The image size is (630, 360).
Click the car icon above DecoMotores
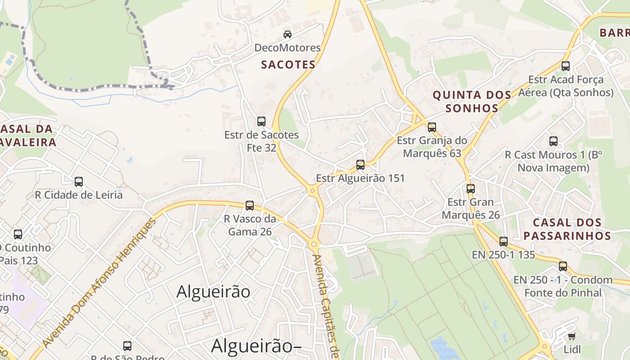pos(287,34)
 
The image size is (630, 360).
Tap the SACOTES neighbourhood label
pos(288,65)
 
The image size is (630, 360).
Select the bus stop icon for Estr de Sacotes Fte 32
pos(261,121)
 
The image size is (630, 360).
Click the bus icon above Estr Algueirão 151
pos(360,165)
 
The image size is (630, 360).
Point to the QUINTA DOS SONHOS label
pos(472,101)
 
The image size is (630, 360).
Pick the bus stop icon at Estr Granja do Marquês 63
pos(432,127)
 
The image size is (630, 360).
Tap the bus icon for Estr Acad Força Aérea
pos(566,66)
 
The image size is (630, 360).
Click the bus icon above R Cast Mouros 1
pos(553,141)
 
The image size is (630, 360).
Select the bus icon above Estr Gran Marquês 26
pos(471,189)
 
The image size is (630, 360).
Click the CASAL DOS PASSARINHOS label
pos(567,229)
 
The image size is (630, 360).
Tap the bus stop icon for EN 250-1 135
pos(504,242)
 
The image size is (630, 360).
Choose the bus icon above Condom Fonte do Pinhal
pos(563,266)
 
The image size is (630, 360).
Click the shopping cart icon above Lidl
pos(571,336)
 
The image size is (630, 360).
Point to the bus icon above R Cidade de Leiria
pos(79,182)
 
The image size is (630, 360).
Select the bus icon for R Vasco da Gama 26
pos(250,206)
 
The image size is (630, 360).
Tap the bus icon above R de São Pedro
pos(127,346)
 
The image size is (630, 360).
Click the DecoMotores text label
pos(287,48)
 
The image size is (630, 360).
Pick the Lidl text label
pos(572,349)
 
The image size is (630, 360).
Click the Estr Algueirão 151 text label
pos(360,178)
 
